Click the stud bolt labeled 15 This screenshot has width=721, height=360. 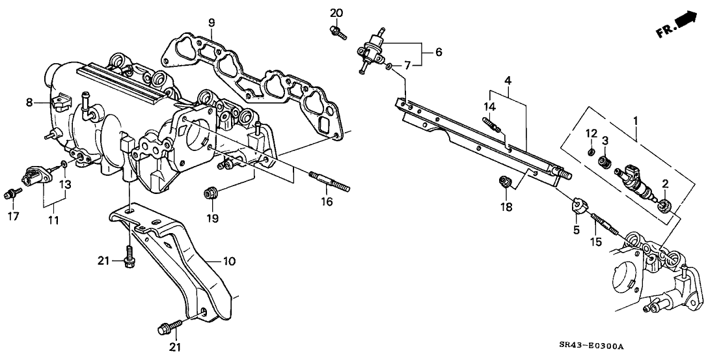click(x=601, y=223)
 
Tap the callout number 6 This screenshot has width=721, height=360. click(x=438, y=51)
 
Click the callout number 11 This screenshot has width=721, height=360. click(x=53, y=221)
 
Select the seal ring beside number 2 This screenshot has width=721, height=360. click(x=665, y=206)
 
